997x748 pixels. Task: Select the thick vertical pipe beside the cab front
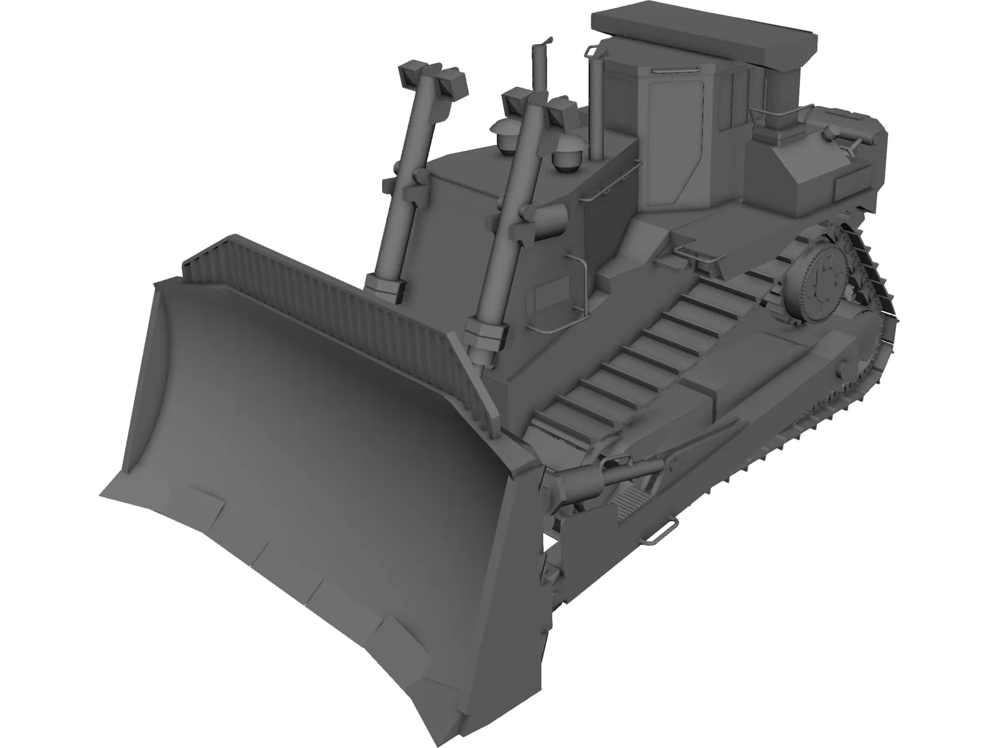[596, 106]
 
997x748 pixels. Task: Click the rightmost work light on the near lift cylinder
[558, 113]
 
